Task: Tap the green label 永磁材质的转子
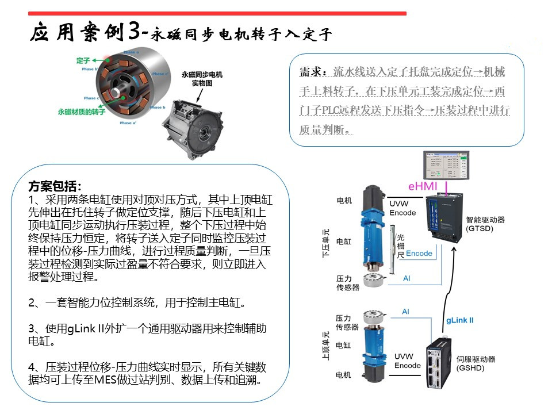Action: point(82,112)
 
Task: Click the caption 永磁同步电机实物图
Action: point(202,79)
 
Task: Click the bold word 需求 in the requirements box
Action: point(310,72)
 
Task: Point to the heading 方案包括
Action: point(55,187)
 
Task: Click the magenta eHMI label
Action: point(423,186)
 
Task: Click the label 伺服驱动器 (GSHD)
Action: point(475,364)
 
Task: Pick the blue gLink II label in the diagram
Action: point(460,320)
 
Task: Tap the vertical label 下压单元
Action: point(326,243)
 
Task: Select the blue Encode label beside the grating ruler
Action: point(419,254)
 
